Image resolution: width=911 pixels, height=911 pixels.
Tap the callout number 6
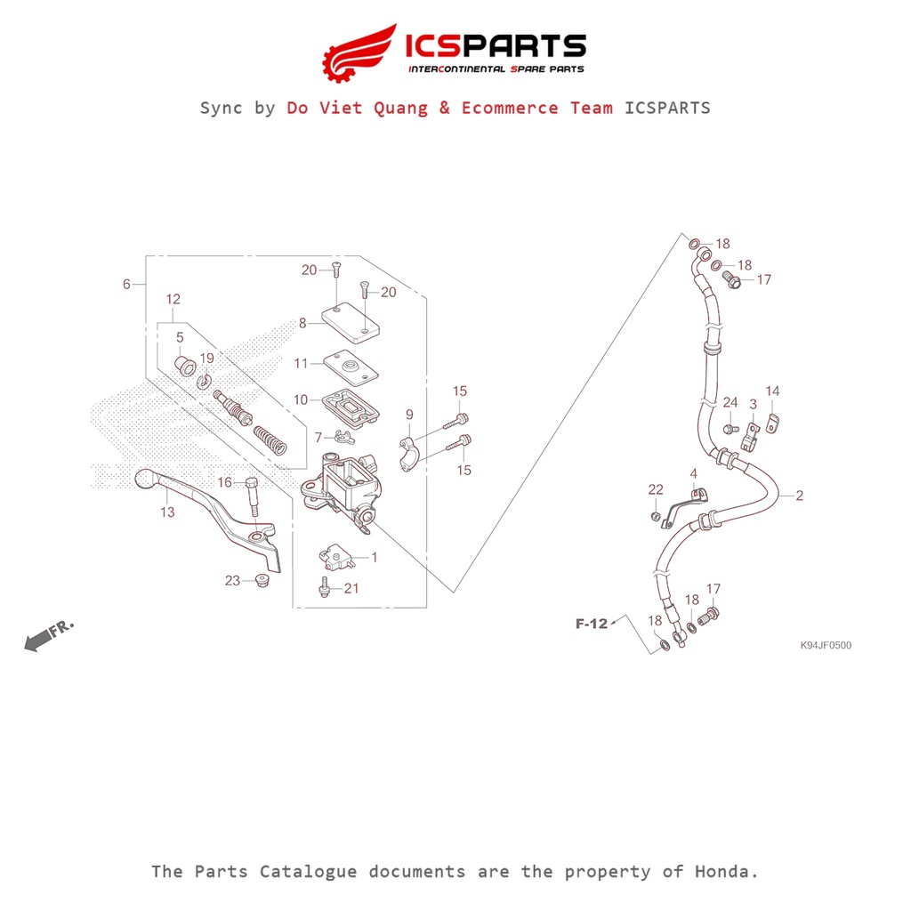pyautogui.click(x=126, y=284)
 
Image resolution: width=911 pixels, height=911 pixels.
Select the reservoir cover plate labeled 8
pyautogui.click(x=351, y=322)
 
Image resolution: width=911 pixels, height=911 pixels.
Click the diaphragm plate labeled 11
pyautogui.click(x=351, y=367)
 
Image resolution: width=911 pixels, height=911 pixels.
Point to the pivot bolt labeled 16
pyautogui.click(x=252, y=496)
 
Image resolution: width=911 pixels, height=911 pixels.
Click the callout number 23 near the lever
pyautogui.click(x=232, y=580)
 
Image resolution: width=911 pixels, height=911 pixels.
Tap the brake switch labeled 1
pyautogui.click(x=337, y=557)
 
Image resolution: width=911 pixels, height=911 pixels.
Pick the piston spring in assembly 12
pyautogui.click(x=270, y=439)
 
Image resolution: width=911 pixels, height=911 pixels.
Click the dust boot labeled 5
pyautogui.click(x=185, y=366)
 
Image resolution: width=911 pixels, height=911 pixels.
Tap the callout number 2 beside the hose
pyautogui.click(x=800, y=495)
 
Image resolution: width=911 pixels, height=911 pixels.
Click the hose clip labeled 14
pyautogui.click(x=771, y=423)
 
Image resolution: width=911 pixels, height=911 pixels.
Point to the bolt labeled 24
pyautogui.click(x=730, y=430)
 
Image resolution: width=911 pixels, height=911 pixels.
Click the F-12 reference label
pyautogui.click(x=592, y=624)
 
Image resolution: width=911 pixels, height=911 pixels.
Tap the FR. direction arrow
pyautogui.click(x=49, y=635)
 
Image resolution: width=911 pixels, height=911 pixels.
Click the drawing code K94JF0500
pyautogui.click(x=826, y=645)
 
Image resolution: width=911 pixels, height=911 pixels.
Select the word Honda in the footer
pyautogui.click(x=726, y=872)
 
